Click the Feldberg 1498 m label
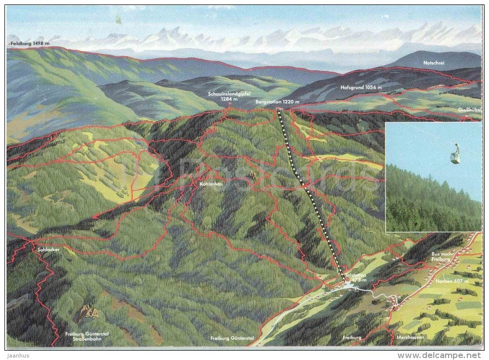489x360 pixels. (x=30, y=43)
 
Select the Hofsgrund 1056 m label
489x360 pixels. (x=361, y=87)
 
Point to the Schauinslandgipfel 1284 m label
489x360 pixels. (x=229, y=96)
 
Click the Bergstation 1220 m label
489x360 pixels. (x=278, y=102)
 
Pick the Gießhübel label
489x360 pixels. (x=469, y=109)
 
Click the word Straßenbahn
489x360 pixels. (x=81, y=339)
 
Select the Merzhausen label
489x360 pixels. (x=410, y=338)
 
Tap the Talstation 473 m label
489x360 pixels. (x=356, y=278)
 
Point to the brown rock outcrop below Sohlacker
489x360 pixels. (x=87, y=312)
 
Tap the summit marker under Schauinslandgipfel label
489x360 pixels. (x=229, y=105)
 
